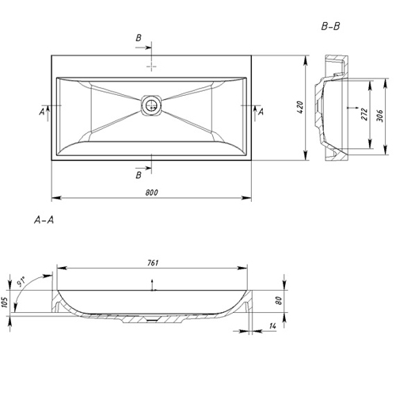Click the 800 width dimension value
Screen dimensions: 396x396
151,192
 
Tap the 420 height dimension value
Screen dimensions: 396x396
300,107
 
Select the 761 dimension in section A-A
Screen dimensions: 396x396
153,263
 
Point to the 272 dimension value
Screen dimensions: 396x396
364,114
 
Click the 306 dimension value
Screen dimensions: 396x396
379,116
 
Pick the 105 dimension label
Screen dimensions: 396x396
5,302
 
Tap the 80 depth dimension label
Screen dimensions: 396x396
279,300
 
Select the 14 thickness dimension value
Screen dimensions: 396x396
272,326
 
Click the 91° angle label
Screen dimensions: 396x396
21,282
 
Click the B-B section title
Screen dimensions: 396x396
330,27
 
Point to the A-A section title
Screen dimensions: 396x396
44,219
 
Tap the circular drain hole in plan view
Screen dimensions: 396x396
151,105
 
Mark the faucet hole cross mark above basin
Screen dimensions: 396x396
151,67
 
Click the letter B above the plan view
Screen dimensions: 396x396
139,38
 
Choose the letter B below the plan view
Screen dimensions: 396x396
139,175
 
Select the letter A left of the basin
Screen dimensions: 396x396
42,112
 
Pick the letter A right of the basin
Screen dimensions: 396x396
261,112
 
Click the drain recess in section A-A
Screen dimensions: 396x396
152,320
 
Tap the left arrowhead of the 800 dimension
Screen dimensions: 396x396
56,197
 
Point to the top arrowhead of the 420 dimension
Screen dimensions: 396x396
306,60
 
